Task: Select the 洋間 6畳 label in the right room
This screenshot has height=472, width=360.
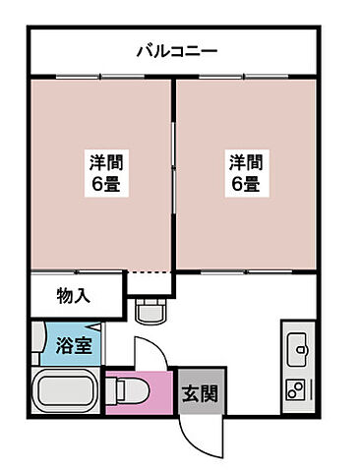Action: pos(245,172)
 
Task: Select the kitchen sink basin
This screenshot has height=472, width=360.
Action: pos(298,345)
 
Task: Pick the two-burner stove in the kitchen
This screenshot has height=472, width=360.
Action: pos(297,386)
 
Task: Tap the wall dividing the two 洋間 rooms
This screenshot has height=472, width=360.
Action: pos(174,172)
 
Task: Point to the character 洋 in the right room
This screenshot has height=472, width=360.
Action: pos(237,161)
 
